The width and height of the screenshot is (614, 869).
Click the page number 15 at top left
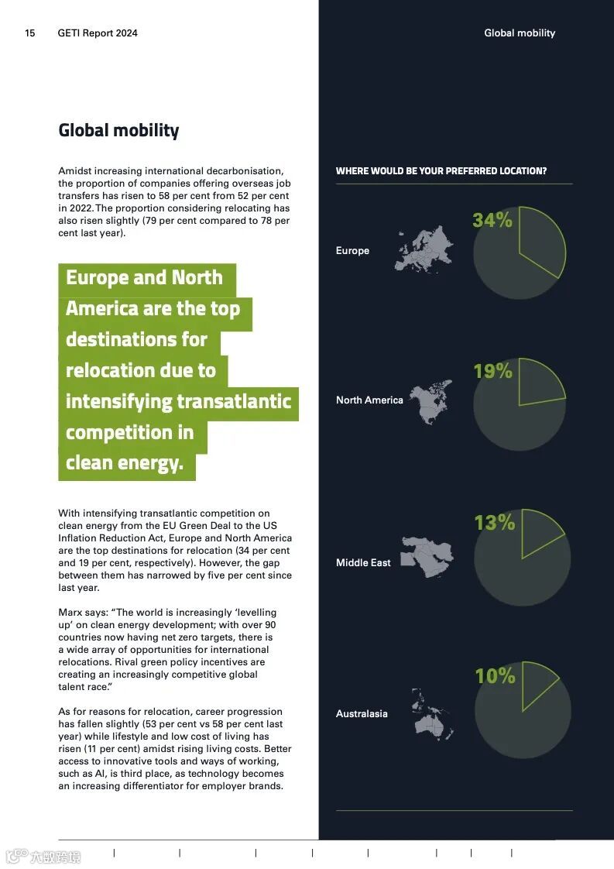click(x=30, y=33)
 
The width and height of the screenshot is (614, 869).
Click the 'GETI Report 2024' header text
click(x=98, y=33)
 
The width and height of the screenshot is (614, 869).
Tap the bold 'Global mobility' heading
click(x=118, y=130)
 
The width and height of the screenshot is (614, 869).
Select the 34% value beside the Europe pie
click(x=492, y=220)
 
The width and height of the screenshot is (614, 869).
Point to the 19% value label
click(x=492, y=371)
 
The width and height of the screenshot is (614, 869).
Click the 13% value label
click(x=494, y=523)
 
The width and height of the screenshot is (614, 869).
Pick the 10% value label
click(x=495, y=676)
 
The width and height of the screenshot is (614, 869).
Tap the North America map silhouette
click(x=430, y=401)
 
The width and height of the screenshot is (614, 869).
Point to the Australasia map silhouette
click(x=432, y=713)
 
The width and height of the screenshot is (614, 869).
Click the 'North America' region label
click(x=369, y=400)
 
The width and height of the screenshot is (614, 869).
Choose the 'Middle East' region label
click(x=363, y=563)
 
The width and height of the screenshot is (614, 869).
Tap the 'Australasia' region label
click(x=362, y=714)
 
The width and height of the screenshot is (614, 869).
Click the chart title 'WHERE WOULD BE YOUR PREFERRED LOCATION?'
click(x=441, y=171)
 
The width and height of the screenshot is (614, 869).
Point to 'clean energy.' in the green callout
click(x=125, y=464)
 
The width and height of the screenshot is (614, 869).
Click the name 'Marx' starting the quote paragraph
click(x=70, y=613)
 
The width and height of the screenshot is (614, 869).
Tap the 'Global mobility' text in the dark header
click(x=520, y=33)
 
